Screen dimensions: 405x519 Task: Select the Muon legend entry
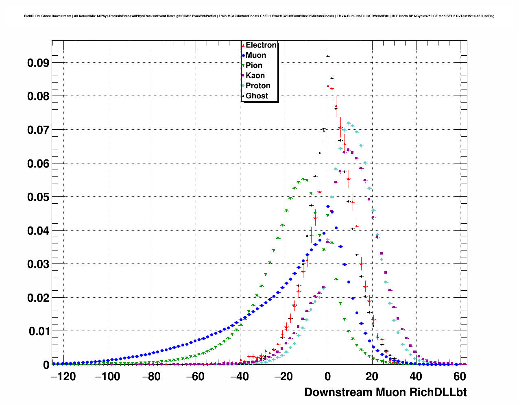pyautogui.click(x=255, y=55)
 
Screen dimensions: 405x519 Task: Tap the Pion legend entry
pyautogui.click(x=253, y=65)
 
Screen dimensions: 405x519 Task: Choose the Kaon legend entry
pyautogui.click(x=255, y=76)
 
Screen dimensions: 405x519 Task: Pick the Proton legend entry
pyautogui.click(x=257, y=86)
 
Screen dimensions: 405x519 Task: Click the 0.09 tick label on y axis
pyautogui.click(x=38, y=63)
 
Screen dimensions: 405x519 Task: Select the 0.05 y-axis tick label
pyautogui.click(x=38, y=197)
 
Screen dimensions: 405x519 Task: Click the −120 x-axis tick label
pyautogui.click(x=63, y=377)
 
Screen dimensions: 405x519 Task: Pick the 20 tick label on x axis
pyautogui.click(x=371, y=377)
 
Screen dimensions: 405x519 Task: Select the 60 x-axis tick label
pyautogui.click(x=459, y=377)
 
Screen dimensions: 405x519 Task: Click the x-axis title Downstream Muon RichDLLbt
pyautogui.click(x=385, y=392)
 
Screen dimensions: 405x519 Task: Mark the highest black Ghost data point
pyautogui.click(x=327, y=56)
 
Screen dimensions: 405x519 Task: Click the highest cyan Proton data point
pyautogui.click(x=349, y=123)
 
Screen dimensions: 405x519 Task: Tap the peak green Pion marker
pyautogui.click(x=303, y=179)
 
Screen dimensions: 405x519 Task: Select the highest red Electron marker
pyautogui.click(x=328, y=86)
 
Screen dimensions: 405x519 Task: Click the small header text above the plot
pyautogui.click(x=259, y=16)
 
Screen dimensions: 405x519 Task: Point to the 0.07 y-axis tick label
pyautogui.click(x=38, y=130)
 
